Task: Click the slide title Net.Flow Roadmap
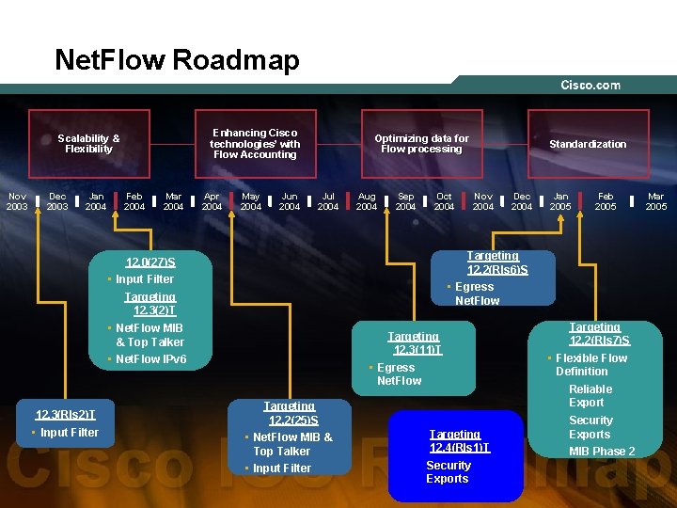click(177, 60)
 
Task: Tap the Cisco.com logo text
click(590, 86)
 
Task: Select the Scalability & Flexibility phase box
click(88, 143)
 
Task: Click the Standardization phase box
click(588, 144)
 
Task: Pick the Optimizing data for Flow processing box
click(421, 143)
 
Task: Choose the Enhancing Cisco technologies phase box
click(255, 143)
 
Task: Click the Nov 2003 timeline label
click(17, 201)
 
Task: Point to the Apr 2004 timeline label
click(212, 201)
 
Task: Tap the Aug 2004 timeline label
click(367, 201)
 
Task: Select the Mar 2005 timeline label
click(655, 201)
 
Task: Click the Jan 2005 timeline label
click(560, 201)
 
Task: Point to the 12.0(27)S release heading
click(150, 262)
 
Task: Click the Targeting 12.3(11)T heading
click(414, 343)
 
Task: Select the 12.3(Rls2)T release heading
click(65, 414)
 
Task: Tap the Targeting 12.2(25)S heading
click(290, 413)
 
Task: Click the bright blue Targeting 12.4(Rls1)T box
click(456, 456)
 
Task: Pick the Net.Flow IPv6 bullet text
click(150, 359)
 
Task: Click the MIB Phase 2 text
click(602, 451)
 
